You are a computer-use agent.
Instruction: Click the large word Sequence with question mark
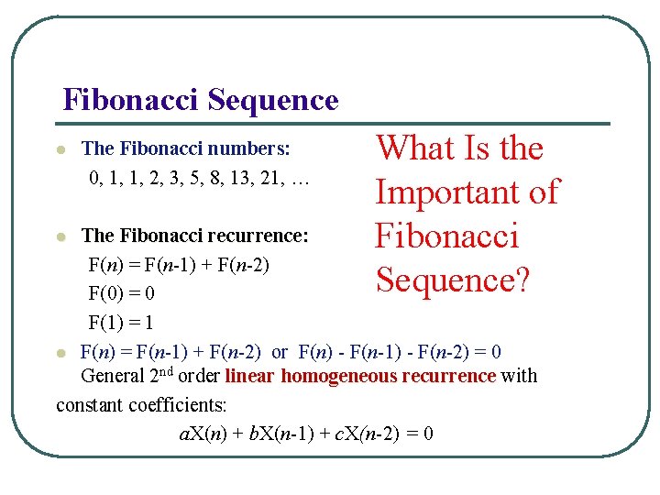click(x=453, y=280)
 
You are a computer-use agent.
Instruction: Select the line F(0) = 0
click(x=121, y=294)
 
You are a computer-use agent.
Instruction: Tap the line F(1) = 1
click(x=121, y=323)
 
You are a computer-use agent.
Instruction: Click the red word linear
click(x=249, y=376)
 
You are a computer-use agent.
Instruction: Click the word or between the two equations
click(x=280, y=352)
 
